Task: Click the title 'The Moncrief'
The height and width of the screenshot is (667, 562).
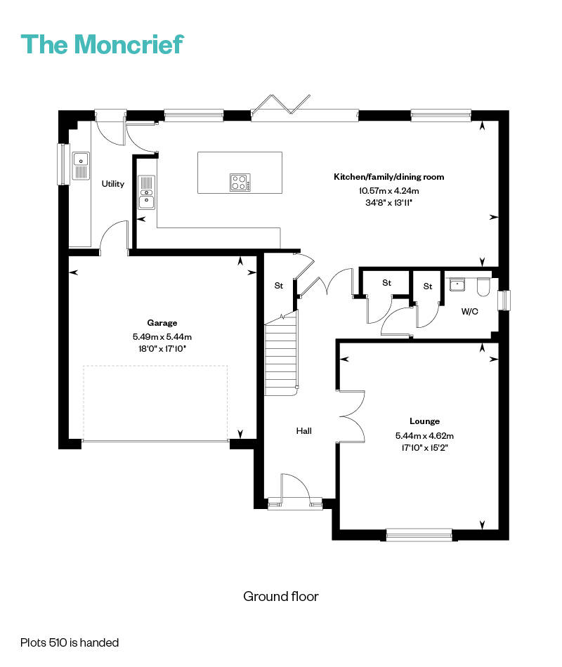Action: click(102, 44)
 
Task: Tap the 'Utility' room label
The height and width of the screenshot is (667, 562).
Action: click(113, 184)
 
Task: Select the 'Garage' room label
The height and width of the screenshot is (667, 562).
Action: click(162, 323)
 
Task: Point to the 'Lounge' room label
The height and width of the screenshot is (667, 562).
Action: click(424, 421)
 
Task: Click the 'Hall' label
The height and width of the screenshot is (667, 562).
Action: click(304, 431)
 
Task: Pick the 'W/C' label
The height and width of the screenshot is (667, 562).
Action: click(469, 311)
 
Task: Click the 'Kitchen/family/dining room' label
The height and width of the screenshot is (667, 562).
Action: click(388, 176)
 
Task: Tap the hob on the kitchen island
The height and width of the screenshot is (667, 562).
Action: click(240, 183)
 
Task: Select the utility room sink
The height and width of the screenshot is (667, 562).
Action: click(81, 166)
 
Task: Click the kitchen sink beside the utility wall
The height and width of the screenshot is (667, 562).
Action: click(146, 192)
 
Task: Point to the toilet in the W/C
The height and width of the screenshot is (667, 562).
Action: click(483, 286)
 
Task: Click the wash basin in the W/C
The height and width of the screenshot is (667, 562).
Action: click(457, 284)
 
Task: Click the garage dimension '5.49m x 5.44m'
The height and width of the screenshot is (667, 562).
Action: click(162, 337)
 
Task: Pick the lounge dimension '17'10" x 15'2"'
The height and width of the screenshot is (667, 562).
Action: click(424, 448)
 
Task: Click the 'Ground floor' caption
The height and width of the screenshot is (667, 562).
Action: click(281, 596)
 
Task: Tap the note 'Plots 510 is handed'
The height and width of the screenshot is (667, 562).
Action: click(70, 642)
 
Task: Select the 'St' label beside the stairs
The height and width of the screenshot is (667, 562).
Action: click(279, 286)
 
